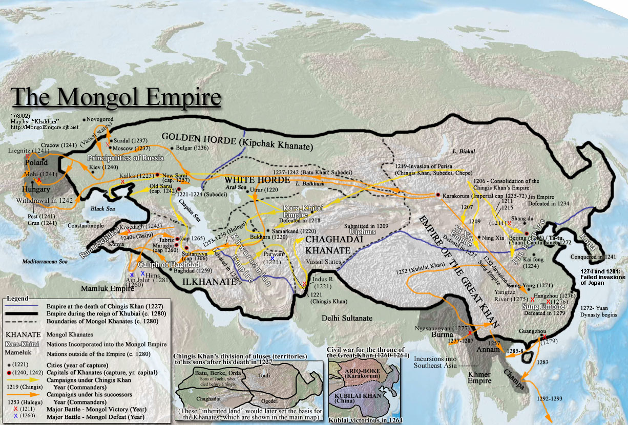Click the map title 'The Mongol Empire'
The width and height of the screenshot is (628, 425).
tap(116, 97)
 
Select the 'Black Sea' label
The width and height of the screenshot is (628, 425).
tap(104, 209)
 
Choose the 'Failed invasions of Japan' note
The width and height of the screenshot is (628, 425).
tap(602, 277)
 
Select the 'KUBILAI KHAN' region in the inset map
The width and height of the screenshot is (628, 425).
tap(359, 397)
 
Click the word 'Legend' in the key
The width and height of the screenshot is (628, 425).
tap(18, 298)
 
